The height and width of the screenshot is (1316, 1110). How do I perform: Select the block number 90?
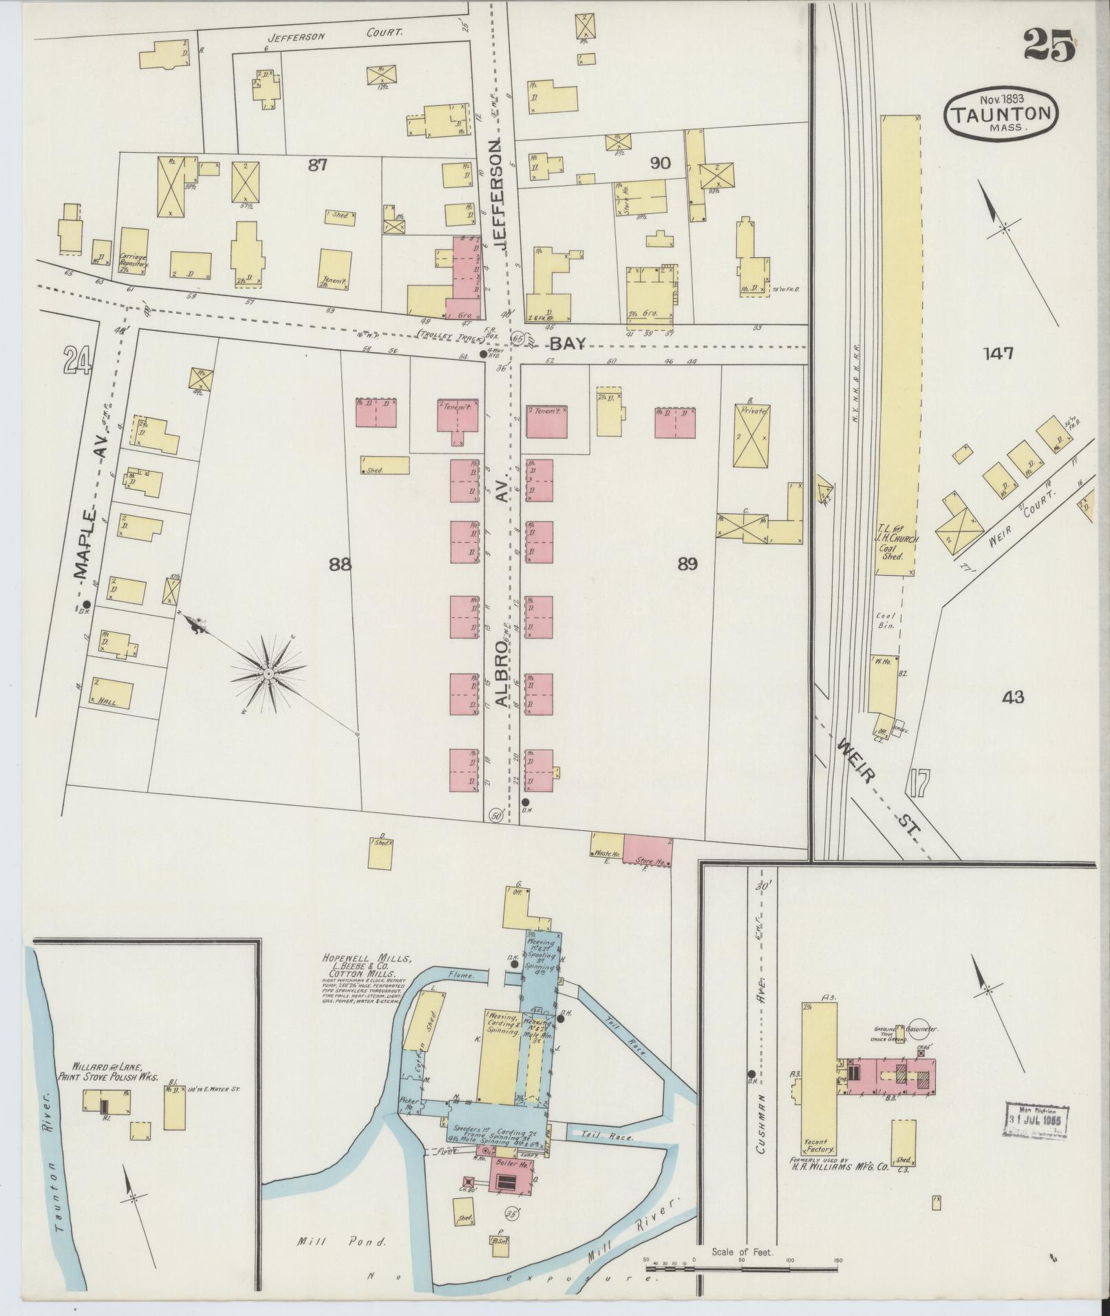660,163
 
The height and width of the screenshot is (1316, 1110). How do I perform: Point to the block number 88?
340,565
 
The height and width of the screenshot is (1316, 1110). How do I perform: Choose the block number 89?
687,565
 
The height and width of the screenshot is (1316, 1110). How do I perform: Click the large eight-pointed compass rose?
268,674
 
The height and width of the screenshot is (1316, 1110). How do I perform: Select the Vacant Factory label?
819,1143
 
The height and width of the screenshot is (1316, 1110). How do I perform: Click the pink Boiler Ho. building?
512,1176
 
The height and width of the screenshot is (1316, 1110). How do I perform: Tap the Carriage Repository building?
134,252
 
